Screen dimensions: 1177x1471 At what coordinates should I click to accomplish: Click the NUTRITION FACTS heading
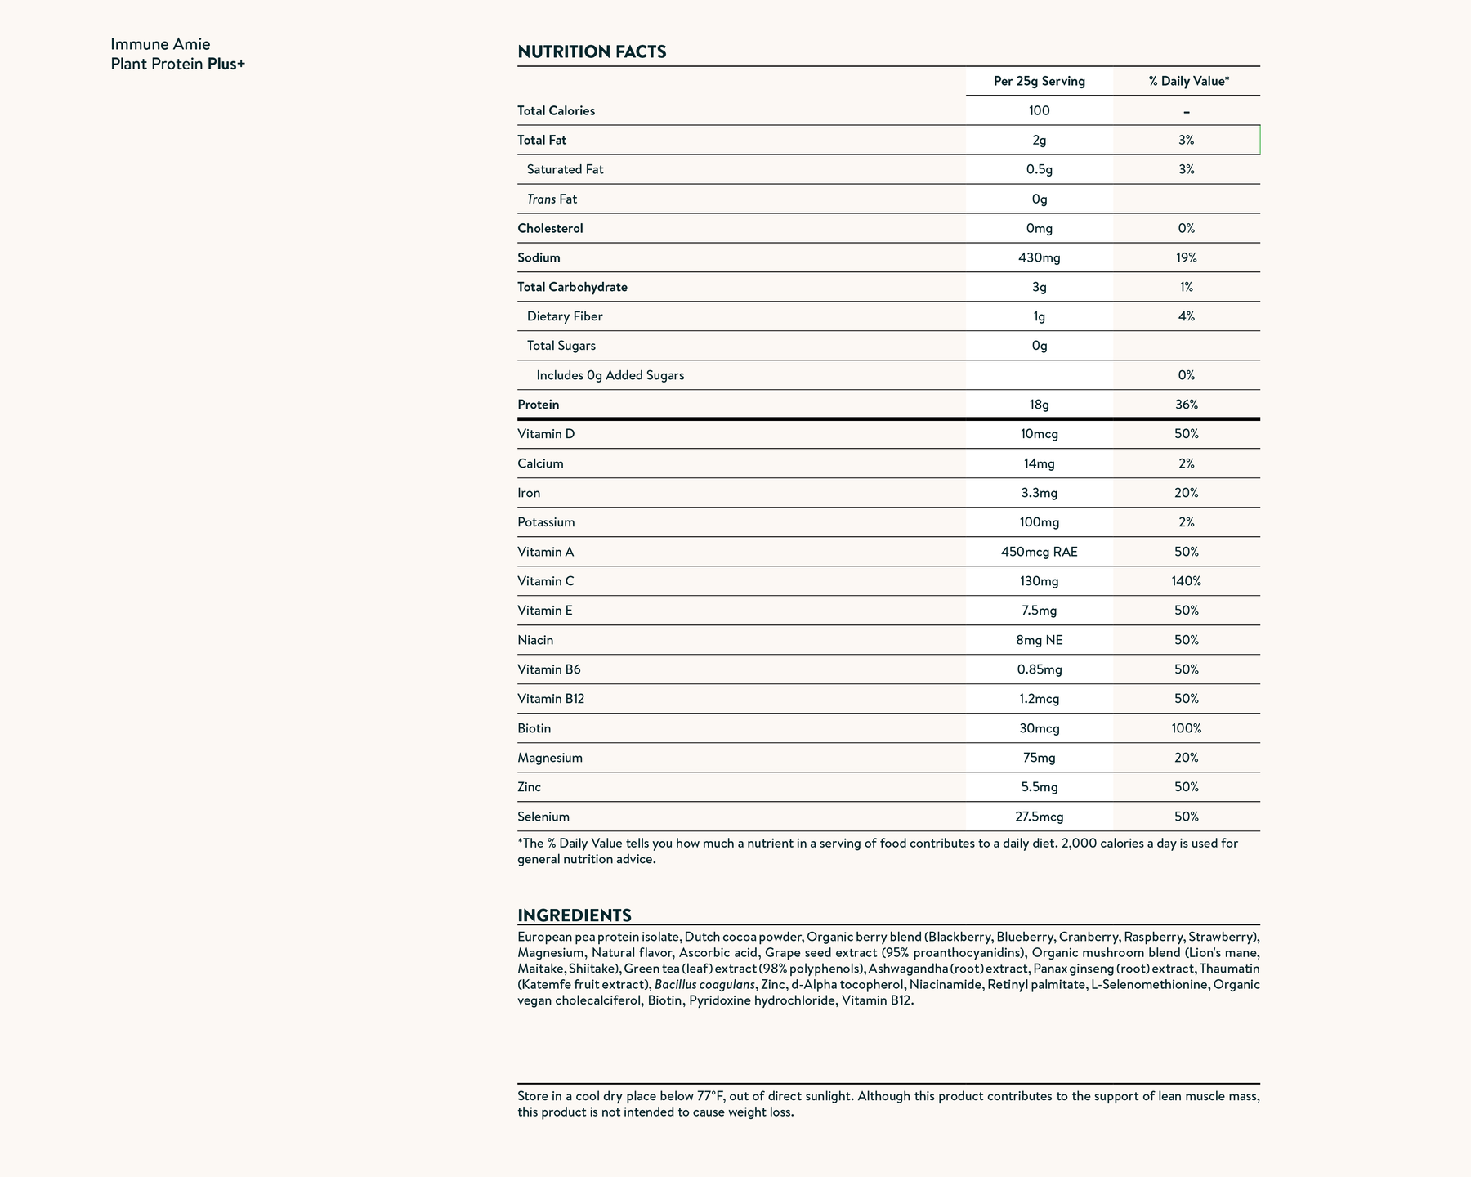point(592,52)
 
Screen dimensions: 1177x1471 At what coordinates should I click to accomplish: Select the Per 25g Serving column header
point(1039,82)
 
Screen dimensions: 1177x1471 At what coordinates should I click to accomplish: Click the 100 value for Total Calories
point(1039,111)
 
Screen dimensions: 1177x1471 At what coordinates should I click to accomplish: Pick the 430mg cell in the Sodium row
point(1039,258)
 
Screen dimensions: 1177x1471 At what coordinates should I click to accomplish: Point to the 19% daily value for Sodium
point(1186,258)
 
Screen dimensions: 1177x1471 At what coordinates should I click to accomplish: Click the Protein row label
point(539,405)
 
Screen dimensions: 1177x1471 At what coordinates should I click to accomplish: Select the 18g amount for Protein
point(1039,405)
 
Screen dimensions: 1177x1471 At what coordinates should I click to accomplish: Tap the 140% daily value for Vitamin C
point(1186,582)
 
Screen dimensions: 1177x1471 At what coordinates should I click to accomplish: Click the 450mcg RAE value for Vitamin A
point(1039,553)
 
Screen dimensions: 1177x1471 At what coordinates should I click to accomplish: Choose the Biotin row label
point(534,729)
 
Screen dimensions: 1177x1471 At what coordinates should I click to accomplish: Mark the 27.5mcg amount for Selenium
point(1039,817)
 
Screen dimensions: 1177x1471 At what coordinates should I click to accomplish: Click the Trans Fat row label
point(552,199)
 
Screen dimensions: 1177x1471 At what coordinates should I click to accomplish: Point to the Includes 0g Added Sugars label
point(610,376)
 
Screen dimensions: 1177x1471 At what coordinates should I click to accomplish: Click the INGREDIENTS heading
point(575,915)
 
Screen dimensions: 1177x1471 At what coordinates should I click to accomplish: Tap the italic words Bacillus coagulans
point(704,985)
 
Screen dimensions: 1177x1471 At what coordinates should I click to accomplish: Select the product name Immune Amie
point(160,44)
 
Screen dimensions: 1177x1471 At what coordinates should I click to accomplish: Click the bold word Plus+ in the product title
point(226,64)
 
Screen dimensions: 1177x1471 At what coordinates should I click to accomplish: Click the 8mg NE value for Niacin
point(1039,641)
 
